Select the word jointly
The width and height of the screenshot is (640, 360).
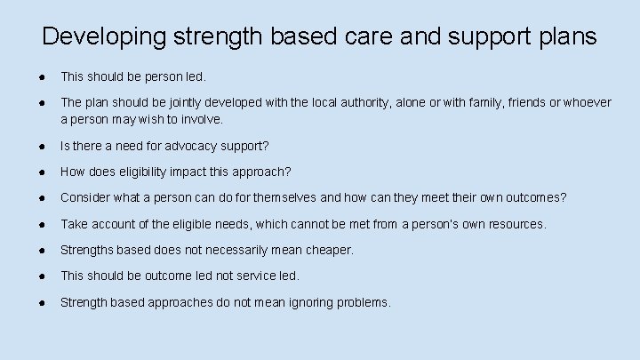188,103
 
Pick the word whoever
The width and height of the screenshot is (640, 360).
588,103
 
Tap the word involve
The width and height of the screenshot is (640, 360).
201,118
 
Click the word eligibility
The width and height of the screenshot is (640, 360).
150,172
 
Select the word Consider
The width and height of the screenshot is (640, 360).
86,197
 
